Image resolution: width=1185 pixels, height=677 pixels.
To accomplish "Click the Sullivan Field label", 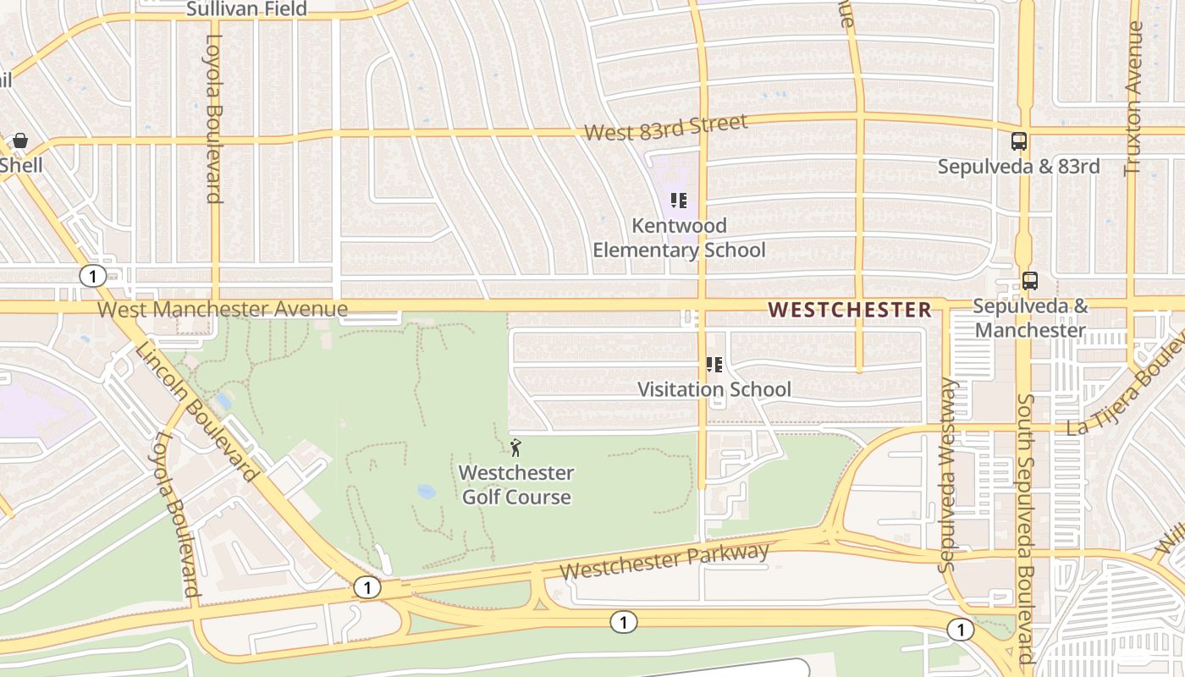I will (x=245, y=9).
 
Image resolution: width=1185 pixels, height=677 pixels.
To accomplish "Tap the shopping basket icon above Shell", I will (x=20, y=140).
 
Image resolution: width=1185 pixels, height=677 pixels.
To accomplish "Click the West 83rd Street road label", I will (x=666, y=128).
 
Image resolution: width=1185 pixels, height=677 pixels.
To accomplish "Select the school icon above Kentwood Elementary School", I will (x=678, y=201).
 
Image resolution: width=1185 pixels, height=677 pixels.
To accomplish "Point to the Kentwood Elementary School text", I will (x=679, y=238).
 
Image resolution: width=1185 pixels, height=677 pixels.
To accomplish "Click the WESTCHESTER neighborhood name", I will (x=850, y=310).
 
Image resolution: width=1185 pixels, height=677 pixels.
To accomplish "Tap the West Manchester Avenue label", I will (x=223, y=309).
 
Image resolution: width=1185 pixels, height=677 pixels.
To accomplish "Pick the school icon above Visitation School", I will (x=714, y=365).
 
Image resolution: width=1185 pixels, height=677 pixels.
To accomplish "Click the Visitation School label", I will (x=714, y=389).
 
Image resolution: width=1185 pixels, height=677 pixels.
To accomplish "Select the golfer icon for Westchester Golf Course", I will (x=516, y=447).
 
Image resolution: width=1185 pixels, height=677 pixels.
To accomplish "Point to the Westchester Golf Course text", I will (x=516, y=485).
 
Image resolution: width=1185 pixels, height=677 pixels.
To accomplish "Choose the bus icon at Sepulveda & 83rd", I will (x=1019, y=141).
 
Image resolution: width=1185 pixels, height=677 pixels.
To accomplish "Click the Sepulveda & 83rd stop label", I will (x=1019, y=167).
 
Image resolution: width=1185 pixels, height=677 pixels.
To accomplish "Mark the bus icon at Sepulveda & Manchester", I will (x=1030, y=281).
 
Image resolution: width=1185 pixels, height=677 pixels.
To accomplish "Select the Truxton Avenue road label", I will (x=1133, y=98).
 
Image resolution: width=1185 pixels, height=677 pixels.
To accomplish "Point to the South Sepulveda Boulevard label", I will (x=1025, y=528).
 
